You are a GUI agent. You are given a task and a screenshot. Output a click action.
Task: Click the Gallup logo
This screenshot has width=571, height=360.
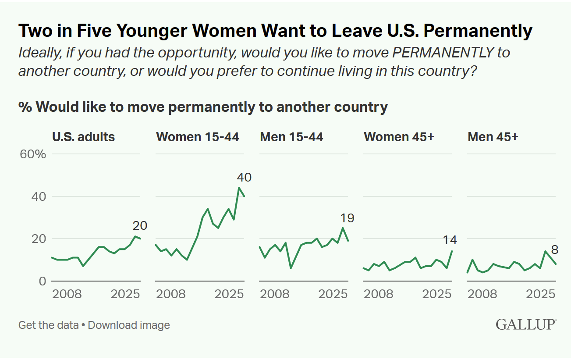(x=526, y=324)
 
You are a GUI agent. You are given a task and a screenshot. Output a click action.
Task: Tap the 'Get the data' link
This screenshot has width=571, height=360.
(x=48, y=325)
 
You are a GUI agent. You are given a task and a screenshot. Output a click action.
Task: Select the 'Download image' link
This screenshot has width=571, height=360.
(x=129, y=325)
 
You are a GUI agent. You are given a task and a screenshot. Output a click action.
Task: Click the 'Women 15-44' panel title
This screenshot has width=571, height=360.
(x=198, y=137)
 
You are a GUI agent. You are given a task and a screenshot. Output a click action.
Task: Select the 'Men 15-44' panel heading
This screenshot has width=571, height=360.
(x=291, y=137)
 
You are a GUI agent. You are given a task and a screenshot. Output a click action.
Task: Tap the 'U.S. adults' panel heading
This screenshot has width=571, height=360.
(x=83, y=137)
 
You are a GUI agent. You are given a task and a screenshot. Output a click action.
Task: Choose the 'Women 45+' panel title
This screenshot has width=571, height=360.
(x=399, y=137)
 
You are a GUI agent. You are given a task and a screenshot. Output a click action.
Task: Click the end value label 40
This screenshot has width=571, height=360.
(x=244, y=178)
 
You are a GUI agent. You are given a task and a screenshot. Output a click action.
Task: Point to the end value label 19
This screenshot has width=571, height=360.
(x=348, y=218)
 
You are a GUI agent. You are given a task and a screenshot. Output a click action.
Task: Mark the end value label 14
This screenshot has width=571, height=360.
(x=450, y=240)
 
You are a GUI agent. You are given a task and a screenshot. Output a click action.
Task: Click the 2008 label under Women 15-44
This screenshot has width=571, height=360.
(x=171, y=294)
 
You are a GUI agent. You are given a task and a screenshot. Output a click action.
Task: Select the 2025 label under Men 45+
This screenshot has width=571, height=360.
(x=541, y=294)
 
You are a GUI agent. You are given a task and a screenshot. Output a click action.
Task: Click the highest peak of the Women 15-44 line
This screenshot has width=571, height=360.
(x=239, y=188)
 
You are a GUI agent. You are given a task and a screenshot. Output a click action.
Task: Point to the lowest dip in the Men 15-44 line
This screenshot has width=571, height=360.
(x=291, y=268)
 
